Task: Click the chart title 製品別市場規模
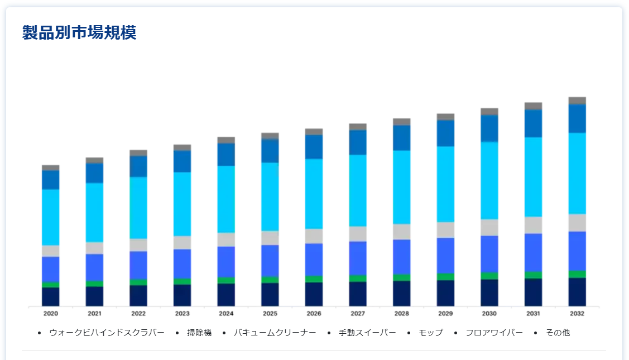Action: pyautogui.click(x=79, y=33)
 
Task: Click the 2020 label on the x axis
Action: pyautogui.click(x=50, y=314)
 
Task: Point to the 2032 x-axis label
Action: pyautogui.click(x=577, y=314)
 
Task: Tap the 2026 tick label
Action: pyautogui.click(x=314, y=314)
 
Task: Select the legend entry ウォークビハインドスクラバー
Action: pyautogui.click(x=107, y=333)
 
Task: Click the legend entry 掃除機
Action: pyautogui.click(x=199, y=333)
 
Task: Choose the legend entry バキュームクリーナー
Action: pyautogui.click(x=275, y=333)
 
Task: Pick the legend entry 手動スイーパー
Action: pyautogui.click(x=367, y=333)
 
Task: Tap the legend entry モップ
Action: pyautogui.click(x=430, y=333)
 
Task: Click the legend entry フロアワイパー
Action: pyautogui.click(x=494, y=333)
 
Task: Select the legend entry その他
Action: pyautogui.click(x=558, y=333)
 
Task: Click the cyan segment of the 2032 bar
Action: pyautogui.click(x=577, y=173)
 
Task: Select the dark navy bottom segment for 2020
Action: pyautogui.click(x=50, y=297)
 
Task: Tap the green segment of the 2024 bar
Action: pyautogui.click(x=226, y=280)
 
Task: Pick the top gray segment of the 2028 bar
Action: pyautogui.click(x=402, y=122)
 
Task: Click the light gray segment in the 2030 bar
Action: pyautogui.click(x=489, y=227)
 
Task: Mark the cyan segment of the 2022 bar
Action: pyautogui.click(x=138, y=208)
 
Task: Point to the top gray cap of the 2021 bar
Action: pyautogui.click(x=94, y=160)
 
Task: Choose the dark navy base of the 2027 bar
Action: pyautogui.click(x=358, y=294)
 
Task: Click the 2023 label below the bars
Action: pyautogui.click(x=182, y=314)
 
